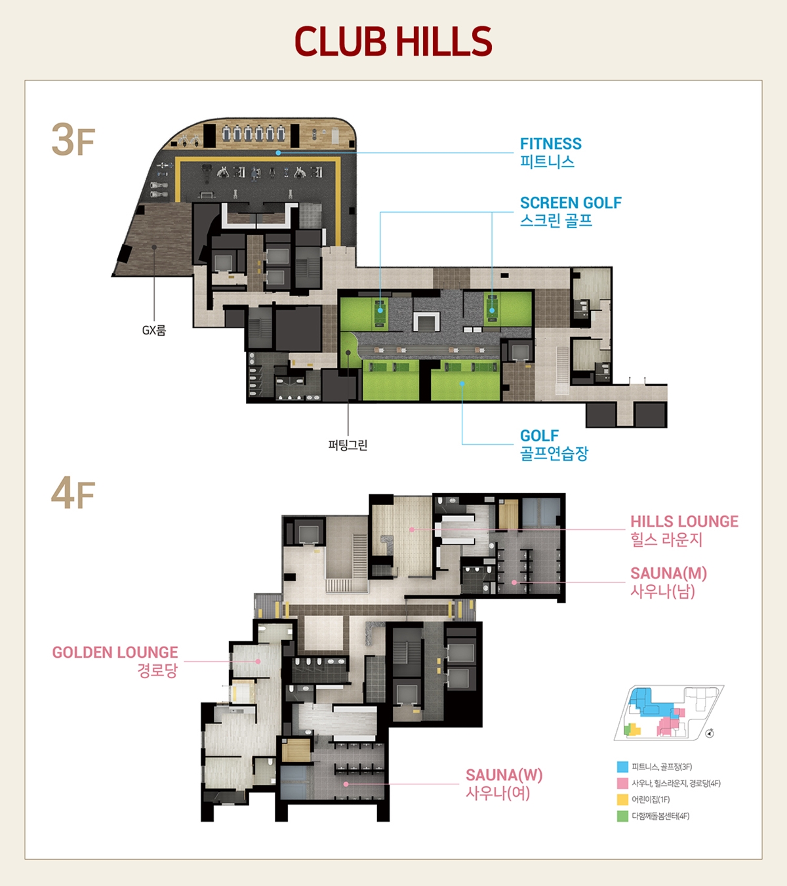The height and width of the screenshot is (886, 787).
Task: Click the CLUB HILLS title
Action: pos(393,41)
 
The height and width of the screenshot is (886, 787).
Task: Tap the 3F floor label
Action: pos(73,140)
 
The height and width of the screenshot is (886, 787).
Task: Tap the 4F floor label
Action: pos(73,493)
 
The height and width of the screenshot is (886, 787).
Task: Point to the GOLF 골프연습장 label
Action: pos(554,445)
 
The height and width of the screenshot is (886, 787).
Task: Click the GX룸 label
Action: pos(154,330)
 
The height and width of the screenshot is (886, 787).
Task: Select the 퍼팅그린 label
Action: pos(348,445)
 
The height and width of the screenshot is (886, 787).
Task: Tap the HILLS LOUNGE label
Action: pos(684,531)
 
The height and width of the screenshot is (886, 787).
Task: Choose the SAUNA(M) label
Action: pos(668,582)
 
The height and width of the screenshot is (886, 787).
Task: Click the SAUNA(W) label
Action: pos(504,784)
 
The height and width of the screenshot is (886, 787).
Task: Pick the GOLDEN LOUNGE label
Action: pos(115,661)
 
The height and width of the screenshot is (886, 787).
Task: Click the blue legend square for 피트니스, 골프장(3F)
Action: pos(622,767)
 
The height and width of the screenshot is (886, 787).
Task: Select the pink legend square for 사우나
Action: pos(622,783)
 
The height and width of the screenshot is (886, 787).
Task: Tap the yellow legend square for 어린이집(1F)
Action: pos(622,799)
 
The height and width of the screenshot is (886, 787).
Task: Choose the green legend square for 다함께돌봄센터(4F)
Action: pos(622,816)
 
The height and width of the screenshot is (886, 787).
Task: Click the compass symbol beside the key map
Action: pos(710,733)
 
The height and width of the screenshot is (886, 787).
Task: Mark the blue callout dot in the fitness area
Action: pos(278,153)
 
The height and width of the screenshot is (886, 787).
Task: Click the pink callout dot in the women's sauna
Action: pos(346,784)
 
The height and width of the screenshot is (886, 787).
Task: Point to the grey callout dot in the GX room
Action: pos(154,247)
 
